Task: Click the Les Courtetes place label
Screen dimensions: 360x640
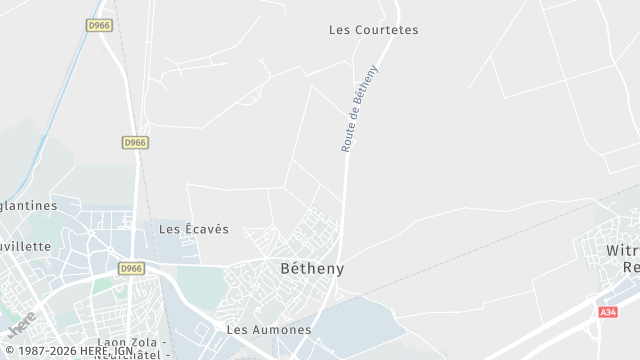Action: click(x=373, y=30)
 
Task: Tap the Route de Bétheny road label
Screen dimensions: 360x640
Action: click(x=360, y=108)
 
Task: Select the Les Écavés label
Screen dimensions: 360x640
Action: click(x=194, y=229)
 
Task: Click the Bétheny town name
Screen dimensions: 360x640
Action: click(x=312, y=269)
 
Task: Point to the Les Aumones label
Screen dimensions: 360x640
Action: click(x=269, y=329)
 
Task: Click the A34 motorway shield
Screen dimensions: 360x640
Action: click(x=608, y=313)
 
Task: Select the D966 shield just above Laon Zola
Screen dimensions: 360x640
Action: click(x=131, y=269)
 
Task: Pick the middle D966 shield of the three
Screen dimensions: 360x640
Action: click(x=135, y=143)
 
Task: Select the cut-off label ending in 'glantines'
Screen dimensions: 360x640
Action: click(x=28, y=205)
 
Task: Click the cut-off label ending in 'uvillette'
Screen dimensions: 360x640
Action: click(x=25, y=245)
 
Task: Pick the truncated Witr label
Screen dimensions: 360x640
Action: click(x=623, y=249)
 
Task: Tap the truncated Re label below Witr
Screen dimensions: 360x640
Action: click(x=631, y=267)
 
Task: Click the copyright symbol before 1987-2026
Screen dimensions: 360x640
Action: click(x=8, y=351)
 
